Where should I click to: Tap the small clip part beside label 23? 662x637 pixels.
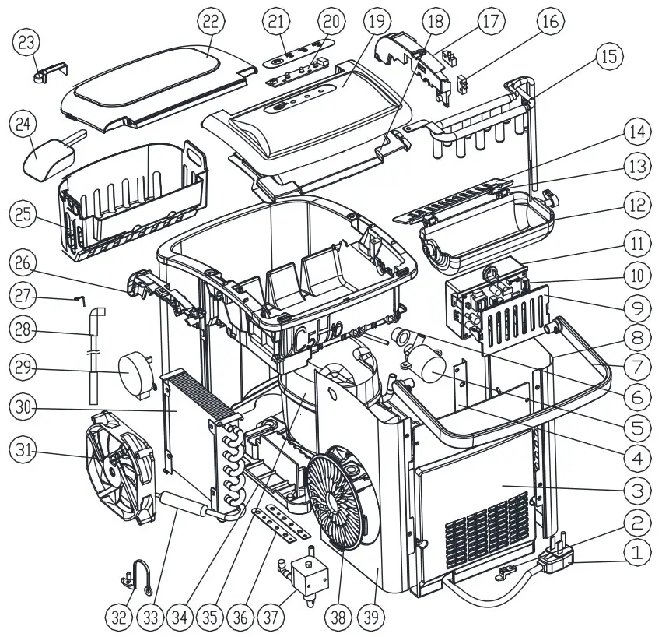[47, 74]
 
